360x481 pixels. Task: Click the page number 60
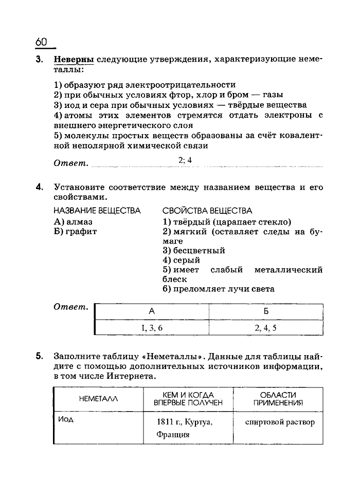pyautogui.click(x=42, y=41)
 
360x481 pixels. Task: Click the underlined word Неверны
pyautogui.click(x=74, y=59)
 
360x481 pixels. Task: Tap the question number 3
pyautogui.click(x=39, y=59)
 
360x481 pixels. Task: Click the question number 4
pyautogui.click(x=39, y=187)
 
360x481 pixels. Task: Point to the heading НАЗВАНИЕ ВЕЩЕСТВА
pyautogui.click(x=97, y=211)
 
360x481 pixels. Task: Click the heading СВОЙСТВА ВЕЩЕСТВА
pyautogui.click(x=207, y=211)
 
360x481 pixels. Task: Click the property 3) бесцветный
pyautogui.click(x=194, y=251)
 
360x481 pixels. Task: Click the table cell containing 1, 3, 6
pyautogui.click(x=152, y=327)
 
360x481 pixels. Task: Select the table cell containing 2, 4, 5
pyautogui.click(x=265, y=327)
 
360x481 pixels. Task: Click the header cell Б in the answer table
pyautogui.click(x=266, y=311)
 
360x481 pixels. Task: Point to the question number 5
pyautogui.click(x=39, y=356)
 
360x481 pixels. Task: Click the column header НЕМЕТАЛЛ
pyautogui.click(x=98, y=399)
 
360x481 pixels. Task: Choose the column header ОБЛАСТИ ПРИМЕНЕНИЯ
pyautogui.click(x=278, y=399)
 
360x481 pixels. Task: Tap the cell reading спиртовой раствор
pyautogui.click(x=280, y=422)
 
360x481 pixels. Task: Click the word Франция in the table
pyautogui.click(x=173, y=434)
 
